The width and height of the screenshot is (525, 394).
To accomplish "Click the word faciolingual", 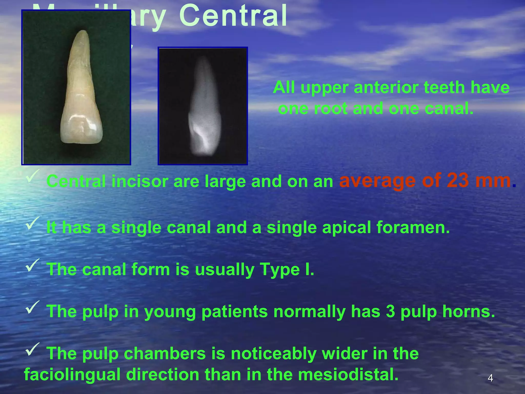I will [x=72, y=375].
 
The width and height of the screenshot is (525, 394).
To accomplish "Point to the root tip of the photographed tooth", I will [x=83, y=33].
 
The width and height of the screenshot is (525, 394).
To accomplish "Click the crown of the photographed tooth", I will [x=82, y=128].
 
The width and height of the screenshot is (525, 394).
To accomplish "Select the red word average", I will [x=377, y=181].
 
